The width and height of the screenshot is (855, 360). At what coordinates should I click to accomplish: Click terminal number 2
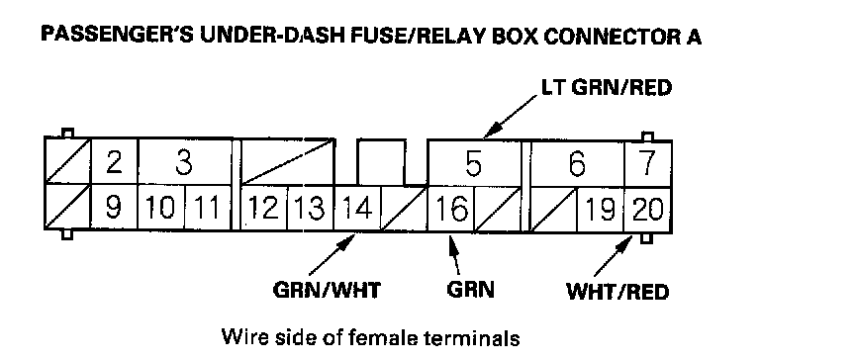(x=114, y=162)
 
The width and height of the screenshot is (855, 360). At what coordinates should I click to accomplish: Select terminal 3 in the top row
(x=185, y=162)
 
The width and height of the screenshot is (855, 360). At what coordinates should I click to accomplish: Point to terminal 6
(x=578, y=162)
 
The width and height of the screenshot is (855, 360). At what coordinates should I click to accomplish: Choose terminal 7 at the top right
(x=648, y=162)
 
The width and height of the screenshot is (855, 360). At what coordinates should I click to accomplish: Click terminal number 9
(x=114, y=208)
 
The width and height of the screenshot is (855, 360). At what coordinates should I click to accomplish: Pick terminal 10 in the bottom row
(x=161, y=208)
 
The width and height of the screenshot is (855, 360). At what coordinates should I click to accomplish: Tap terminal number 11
(x=208, y=208)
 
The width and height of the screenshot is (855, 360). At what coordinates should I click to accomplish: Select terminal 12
(x=264, y=208)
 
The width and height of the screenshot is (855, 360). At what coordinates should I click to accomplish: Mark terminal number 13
(x=311, y=208)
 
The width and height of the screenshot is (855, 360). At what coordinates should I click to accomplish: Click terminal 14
(x=357, y=208)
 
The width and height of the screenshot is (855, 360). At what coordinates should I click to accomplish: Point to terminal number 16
(x=451, y=208)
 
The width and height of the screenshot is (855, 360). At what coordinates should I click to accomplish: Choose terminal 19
(x=601, y=208)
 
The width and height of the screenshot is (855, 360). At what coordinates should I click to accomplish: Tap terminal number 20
(x=648, y=208)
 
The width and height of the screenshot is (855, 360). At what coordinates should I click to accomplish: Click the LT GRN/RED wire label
(x=606, y=88)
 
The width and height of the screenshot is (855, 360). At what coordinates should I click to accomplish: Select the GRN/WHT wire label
(x=327, y=290)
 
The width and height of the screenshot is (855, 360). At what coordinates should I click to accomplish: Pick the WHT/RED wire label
(x=617, y=293)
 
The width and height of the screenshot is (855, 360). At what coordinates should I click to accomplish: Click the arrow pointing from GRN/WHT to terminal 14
(x=331, y=255)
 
